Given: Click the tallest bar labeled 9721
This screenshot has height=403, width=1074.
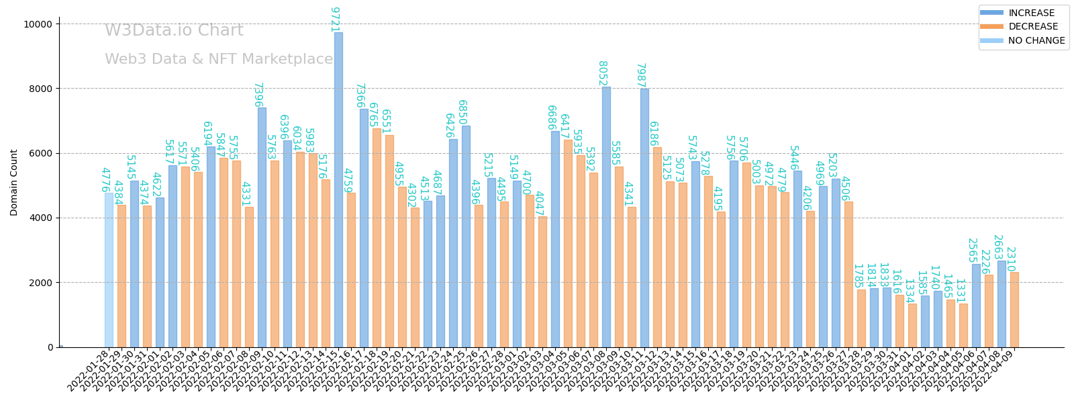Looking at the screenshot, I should [338, 189].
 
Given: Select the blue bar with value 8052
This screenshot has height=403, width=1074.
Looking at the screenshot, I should [606, 216].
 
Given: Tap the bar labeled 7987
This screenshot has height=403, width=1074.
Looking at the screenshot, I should [644, 218].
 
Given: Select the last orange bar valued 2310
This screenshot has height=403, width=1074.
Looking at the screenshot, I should [1014, 310].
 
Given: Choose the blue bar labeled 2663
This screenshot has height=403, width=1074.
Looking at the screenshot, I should [1002, 304].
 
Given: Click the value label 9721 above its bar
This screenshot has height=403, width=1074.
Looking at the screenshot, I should [334, 19].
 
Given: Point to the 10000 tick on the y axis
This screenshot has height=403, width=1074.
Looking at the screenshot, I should [38, 24].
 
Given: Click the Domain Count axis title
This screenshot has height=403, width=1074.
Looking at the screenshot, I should [14, 183].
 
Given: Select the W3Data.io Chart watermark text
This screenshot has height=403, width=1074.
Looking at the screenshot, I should [174, 31].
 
